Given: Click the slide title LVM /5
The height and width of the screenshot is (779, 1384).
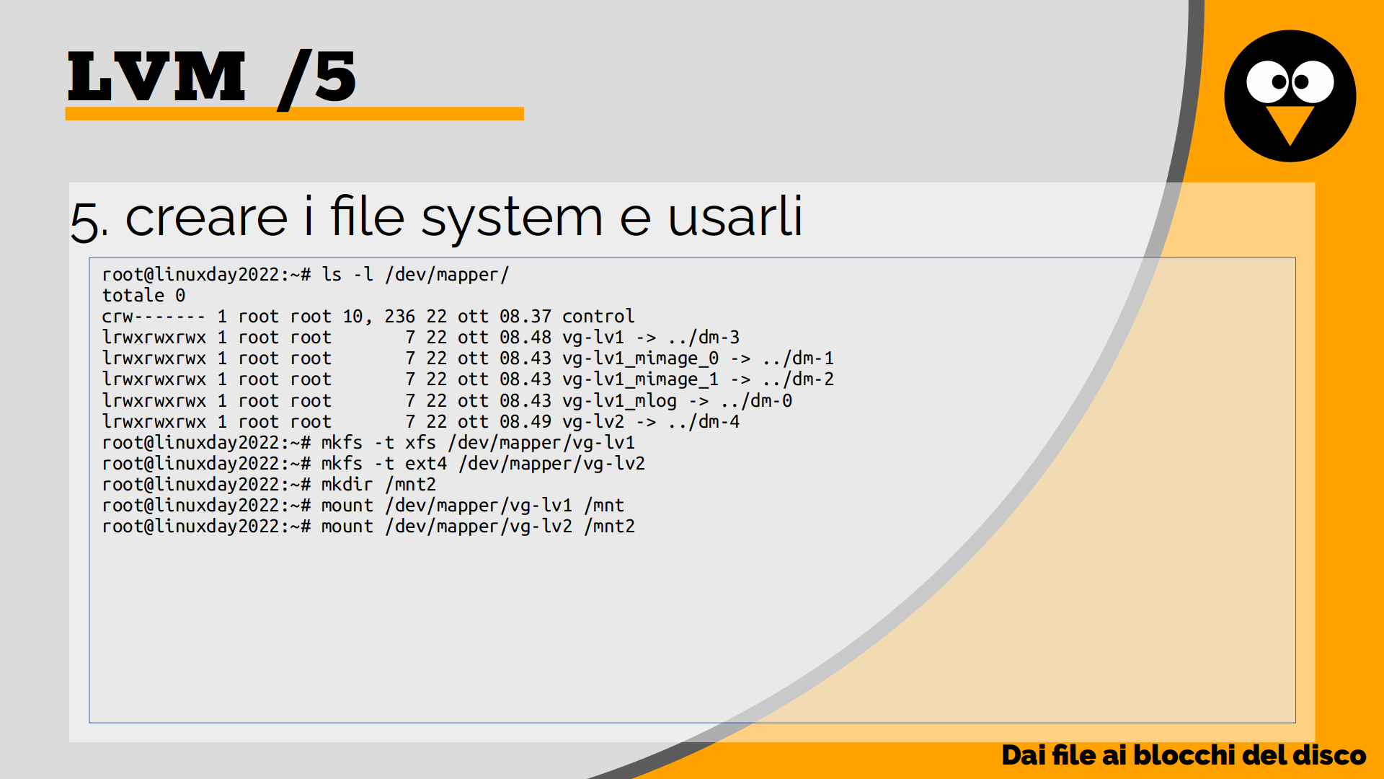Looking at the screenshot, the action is (x=211, y=77).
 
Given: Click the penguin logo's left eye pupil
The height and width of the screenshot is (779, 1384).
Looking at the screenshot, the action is (x=1279, y=82).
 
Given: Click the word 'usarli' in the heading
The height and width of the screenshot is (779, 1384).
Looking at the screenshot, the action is (x=735, y=216).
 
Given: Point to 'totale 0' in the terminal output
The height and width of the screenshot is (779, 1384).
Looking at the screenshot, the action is (x=143, y=296).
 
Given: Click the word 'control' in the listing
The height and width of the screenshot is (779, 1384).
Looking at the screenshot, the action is (x=598, y=317).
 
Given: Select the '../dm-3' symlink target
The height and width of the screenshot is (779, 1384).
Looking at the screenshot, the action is (x=704, y=338).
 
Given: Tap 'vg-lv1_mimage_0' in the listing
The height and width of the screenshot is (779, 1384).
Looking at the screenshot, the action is (x=640, y=358).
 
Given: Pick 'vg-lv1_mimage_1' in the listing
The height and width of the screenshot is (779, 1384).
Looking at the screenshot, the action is (x=640, y=379).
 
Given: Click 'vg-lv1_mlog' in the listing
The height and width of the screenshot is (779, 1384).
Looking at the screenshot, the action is (x=619, y=401).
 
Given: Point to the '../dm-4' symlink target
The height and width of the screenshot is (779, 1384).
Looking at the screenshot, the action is (x=704, y=422).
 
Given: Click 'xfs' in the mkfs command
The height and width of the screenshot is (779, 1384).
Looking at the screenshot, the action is (x=420, y=443).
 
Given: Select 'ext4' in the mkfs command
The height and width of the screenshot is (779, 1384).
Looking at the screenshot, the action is (x=425, y=464).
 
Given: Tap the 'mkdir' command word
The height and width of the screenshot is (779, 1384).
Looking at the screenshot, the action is (x=347, y=485).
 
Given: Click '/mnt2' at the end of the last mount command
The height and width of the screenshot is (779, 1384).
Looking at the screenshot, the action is (x=610, y=527).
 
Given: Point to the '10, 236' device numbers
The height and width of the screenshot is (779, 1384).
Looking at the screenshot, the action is (x=378, y=317).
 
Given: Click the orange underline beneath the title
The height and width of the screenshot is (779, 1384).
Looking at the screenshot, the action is (x=294, y=114).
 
